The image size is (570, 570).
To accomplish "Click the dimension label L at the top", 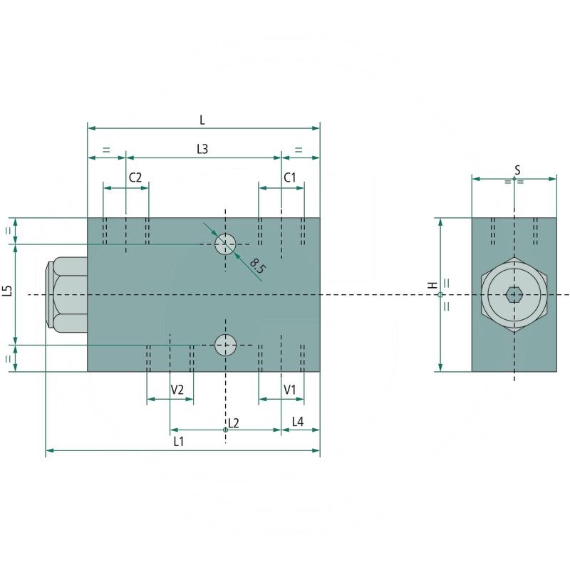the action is pyautogui.click(x=202, y=120).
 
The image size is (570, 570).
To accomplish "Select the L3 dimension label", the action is pyautogui.click(x=202, y=149).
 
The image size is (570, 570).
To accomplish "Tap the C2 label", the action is pyautogui.click(x=135, y=177).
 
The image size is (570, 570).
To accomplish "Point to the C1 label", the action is pyautogui.click(x=290, y=177).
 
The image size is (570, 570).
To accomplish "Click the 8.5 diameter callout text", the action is pyautogui.click(x=258, y=266).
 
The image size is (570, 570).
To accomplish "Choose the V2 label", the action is pyautogui.click(x=177, y=390).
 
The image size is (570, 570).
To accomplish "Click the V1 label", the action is pyautogui.click(x=290, y=390).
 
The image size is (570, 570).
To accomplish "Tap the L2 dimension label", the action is pyautogui.click(x=234, y=423).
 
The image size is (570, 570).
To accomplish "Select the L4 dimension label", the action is pyautogui.click(x=298, y=422).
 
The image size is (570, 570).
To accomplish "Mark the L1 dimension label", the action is pyautogui.click(x=179, y=441).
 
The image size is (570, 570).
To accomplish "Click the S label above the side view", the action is pyautogui.click(x=517, y=170).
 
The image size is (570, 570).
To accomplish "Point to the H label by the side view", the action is pyautogui.click(x=432, y=285).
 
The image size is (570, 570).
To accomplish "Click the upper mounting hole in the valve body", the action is pyautogui.click(x=225, y=244).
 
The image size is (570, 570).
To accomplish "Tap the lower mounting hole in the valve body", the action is pyautogui.click(x=225, y=345).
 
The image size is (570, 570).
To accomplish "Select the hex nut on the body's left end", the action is pyautogui.click(x=66, y=295).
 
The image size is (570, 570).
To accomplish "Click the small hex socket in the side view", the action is pyautogui.click(x=514, y=295).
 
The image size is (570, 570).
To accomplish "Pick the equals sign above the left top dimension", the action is pyautogui.click(x=106, y=150).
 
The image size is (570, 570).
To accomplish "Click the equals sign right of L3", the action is pyautogui.click(x=299, y=150).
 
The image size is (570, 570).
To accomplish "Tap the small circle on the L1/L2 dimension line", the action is pyautogui.click(x=225, y=430).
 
